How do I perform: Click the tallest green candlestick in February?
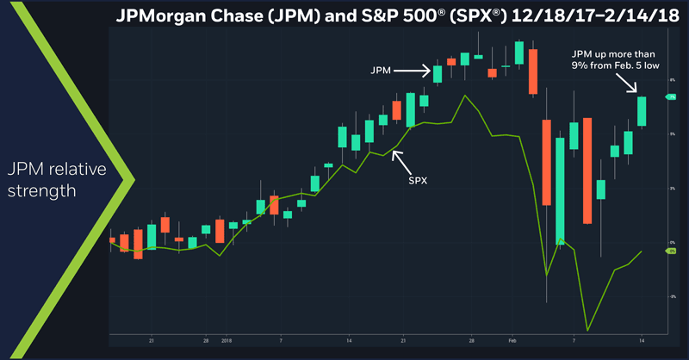click(x=560, y=189)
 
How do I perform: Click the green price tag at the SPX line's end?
click(x=670, y=251)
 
